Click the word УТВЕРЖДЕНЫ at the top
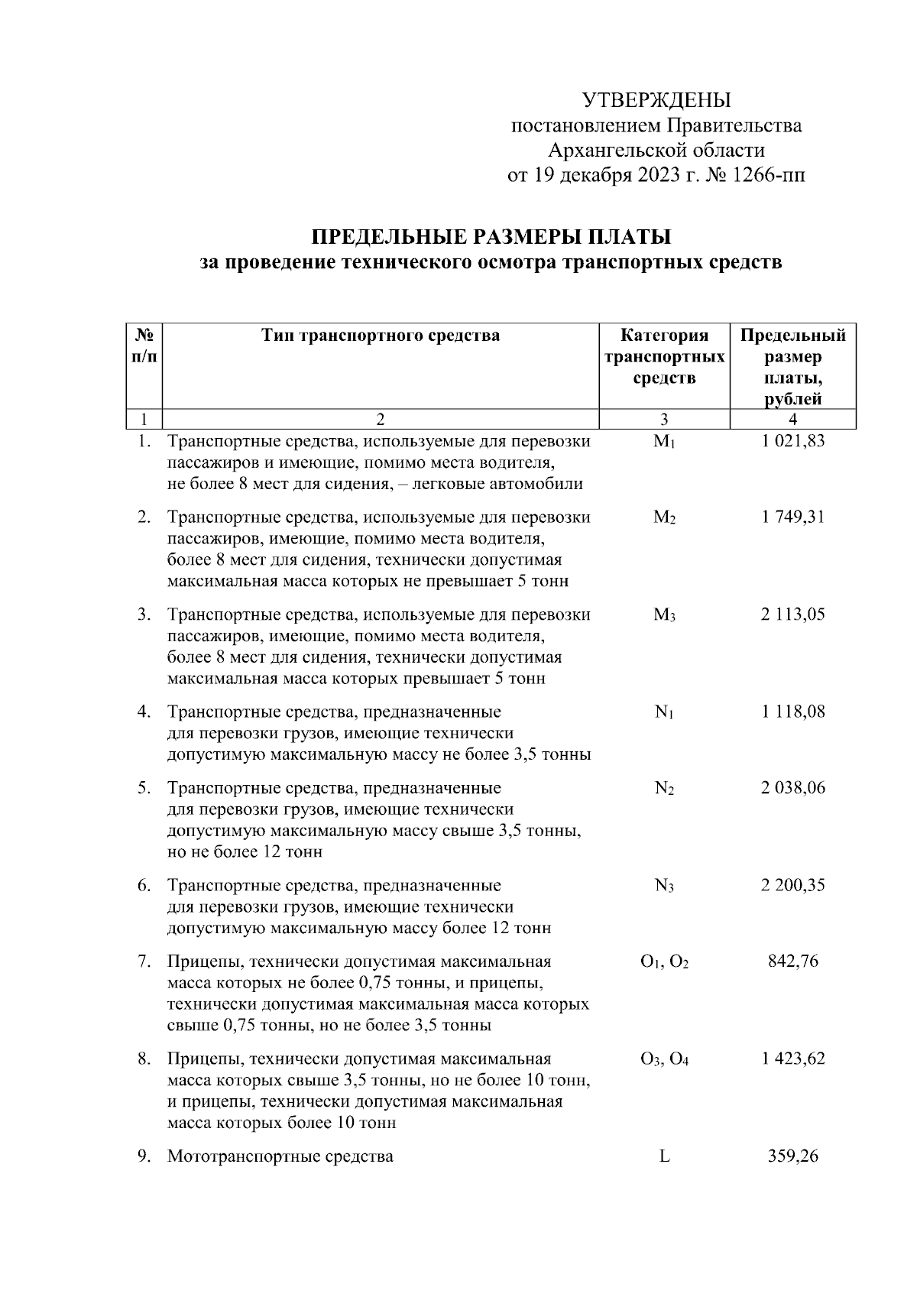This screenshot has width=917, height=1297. click(656, 101)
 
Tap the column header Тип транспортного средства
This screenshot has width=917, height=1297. click(381, 336)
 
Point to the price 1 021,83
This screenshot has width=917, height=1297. click(792, 441)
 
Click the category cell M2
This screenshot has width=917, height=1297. click(664, 517)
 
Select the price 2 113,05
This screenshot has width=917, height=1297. click(792, 614)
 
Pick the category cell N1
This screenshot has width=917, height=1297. click(664, 712)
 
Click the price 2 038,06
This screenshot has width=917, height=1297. click(792, 788)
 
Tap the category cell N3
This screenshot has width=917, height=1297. click(664, 886)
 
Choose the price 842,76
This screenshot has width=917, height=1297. click(792, 961)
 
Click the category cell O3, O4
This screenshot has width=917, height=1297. click(664, 1059)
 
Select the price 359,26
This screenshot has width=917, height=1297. click(792, 1156)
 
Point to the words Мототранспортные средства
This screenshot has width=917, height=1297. click(280, 1156)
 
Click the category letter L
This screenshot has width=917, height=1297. click(664, 1156)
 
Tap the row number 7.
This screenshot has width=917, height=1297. click(144, 961)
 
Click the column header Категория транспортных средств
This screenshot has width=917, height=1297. click(664, 357)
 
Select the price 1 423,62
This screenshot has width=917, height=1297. click(792, 1059)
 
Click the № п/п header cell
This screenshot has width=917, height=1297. click(144, 346)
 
